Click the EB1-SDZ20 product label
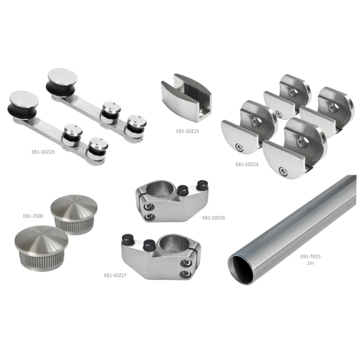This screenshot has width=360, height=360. coord(43,152)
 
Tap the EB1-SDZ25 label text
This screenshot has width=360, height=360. coord(187,131)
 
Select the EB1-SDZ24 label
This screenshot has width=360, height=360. coord(247,164)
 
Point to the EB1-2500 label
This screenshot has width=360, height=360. coord(33,216)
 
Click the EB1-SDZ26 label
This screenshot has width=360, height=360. coord(214,218)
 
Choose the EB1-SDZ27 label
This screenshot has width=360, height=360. coord(115,275)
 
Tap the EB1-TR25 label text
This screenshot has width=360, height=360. coord(310,256)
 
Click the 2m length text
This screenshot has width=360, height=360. coord(310,263)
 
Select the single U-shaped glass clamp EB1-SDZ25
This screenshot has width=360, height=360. coord(186,97)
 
